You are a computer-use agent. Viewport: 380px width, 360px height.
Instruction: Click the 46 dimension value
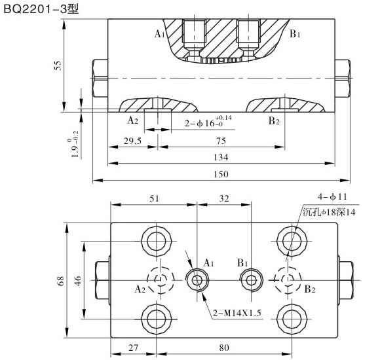pyautogui.click(x=77, y=280)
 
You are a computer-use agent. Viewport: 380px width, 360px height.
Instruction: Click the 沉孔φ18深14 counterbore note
pyautogui.click(x=332, y=211)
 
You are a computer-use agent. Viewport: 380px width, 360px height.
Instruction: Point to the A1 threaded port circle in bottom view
pyautogui.click(x=197, y=280)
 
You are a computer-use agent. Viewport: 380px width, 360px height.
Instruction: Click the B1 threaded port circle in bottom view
pyautogui.click(x=250, y=280)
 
